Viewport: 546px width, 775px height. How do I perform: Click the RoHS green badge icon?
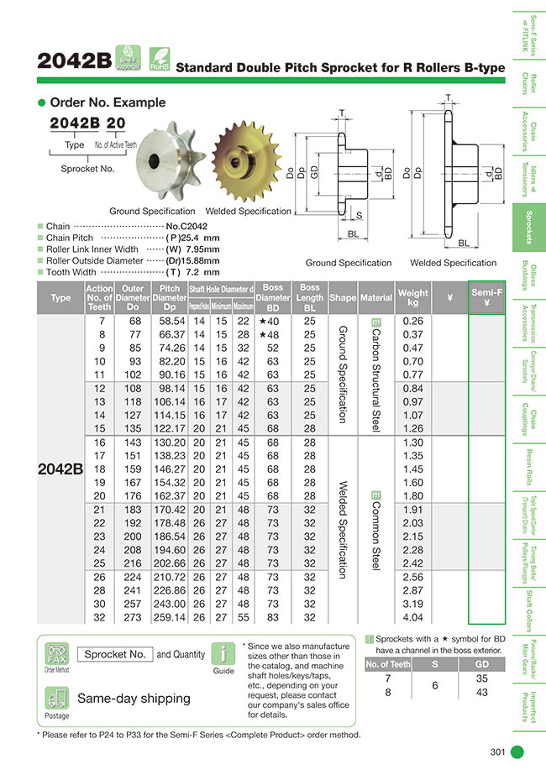coord(159,58)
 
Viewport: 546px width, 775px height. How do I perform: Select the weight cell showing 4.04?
coord(413,616)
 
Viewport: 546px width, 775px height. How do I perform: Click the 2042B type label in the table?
coord(60,469)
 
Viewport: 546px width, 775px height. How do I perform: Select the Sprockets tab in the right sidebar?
coord(528,228)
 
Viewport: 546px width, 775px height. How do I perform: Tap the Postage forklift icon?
coord(56,699)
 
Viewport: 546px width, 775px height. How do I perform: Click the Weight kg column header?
coord(413,297)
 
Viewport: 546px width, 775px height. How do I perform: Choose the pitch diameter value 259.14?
coord(171,616)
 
